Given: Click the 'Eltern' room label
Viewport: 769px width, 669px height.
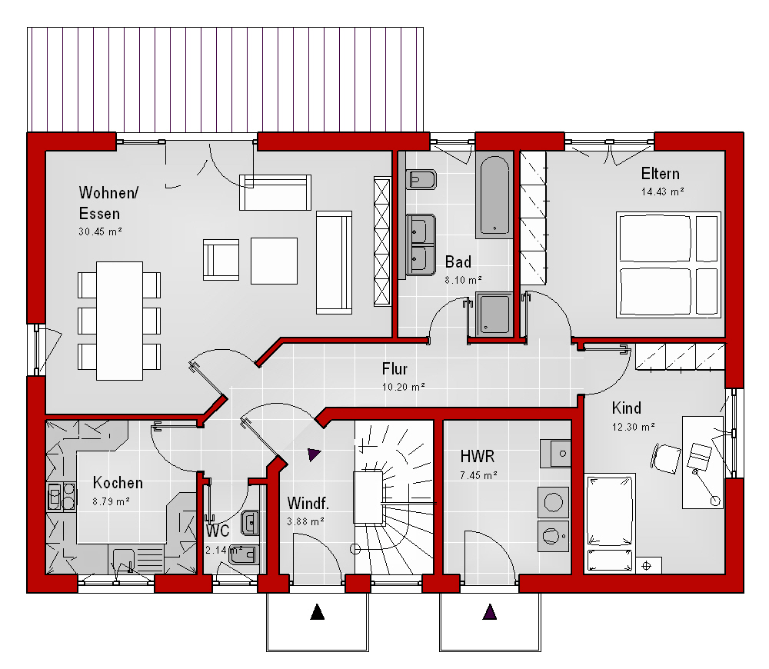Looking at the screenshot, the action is pyautogui.click(x=660, y=174).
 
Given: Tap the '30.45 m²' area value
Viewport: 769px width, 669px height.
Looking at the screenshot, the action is pyautogui.click(x=100, y=231).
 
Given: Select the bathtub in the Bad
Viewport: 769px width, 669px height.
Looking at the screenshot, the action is pyautogui.click(x=494, y=195).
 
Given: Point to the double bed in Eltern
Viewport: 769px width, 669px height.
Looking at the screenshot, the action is pyautogui.click(x=668, y=265).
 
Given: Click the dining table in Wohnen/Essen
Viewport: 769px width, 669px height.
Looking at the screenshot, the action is pyautogui.click(x=119, y=321).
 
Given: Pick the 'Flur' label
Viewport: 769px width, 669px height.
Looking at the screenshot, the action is pyautogui.click(x=394, y=369).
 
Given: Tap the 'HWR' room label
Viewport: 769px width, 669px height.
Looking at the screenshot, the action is pyautogui.click(x=478, y=457).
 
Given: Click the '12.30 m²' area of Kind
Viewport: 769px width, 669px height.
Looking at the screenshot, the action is pyautogui.click(x=633, y=428).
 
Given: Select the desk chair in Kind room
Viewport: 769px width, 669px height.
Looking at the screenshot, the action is pyautogui.click(x=666, y=458).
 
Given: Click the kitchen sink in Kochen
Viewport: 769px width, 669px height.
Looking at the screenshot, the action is pyautogui.click(x=124, y=560).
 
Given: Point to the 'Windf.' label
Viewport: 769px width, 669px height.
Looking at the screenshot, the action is pyautogui.click(x=308, y=503).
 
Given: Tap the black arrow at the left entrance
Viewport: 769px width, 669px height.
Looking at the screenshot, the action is pyautogui.click(x=318, y=611).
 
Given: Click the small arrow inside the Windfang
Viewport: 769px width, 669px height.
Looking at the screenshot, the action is pyautogui.click(x=314, y=454).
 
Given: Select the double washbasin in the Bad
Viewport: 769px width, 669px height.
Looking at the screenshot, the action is pyautogui.click(x=421, y=245).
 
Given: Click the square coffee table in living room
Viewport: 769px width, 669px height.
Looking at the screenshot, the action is pyautogui.click(x=275, y=261).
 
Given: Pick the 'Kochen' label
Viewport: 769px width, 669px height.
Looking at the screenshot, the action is pyautogui.click(x=118, y=483).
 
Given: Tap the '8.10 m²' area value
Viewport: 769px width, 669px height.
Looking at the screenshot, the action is pyautogui.click(x=463, y=280).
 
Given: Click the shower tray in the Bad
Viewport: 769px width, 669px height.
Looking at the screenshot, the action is pyautogui.click(x=494, y=315).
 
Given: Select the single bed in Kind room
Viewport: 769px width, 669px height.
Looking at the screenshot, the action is pyautogui.click(x=610, y=510).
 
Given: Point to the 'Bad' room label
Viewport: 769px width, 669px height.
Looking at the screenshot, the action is pyautogui.click(x=458, y=262).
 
